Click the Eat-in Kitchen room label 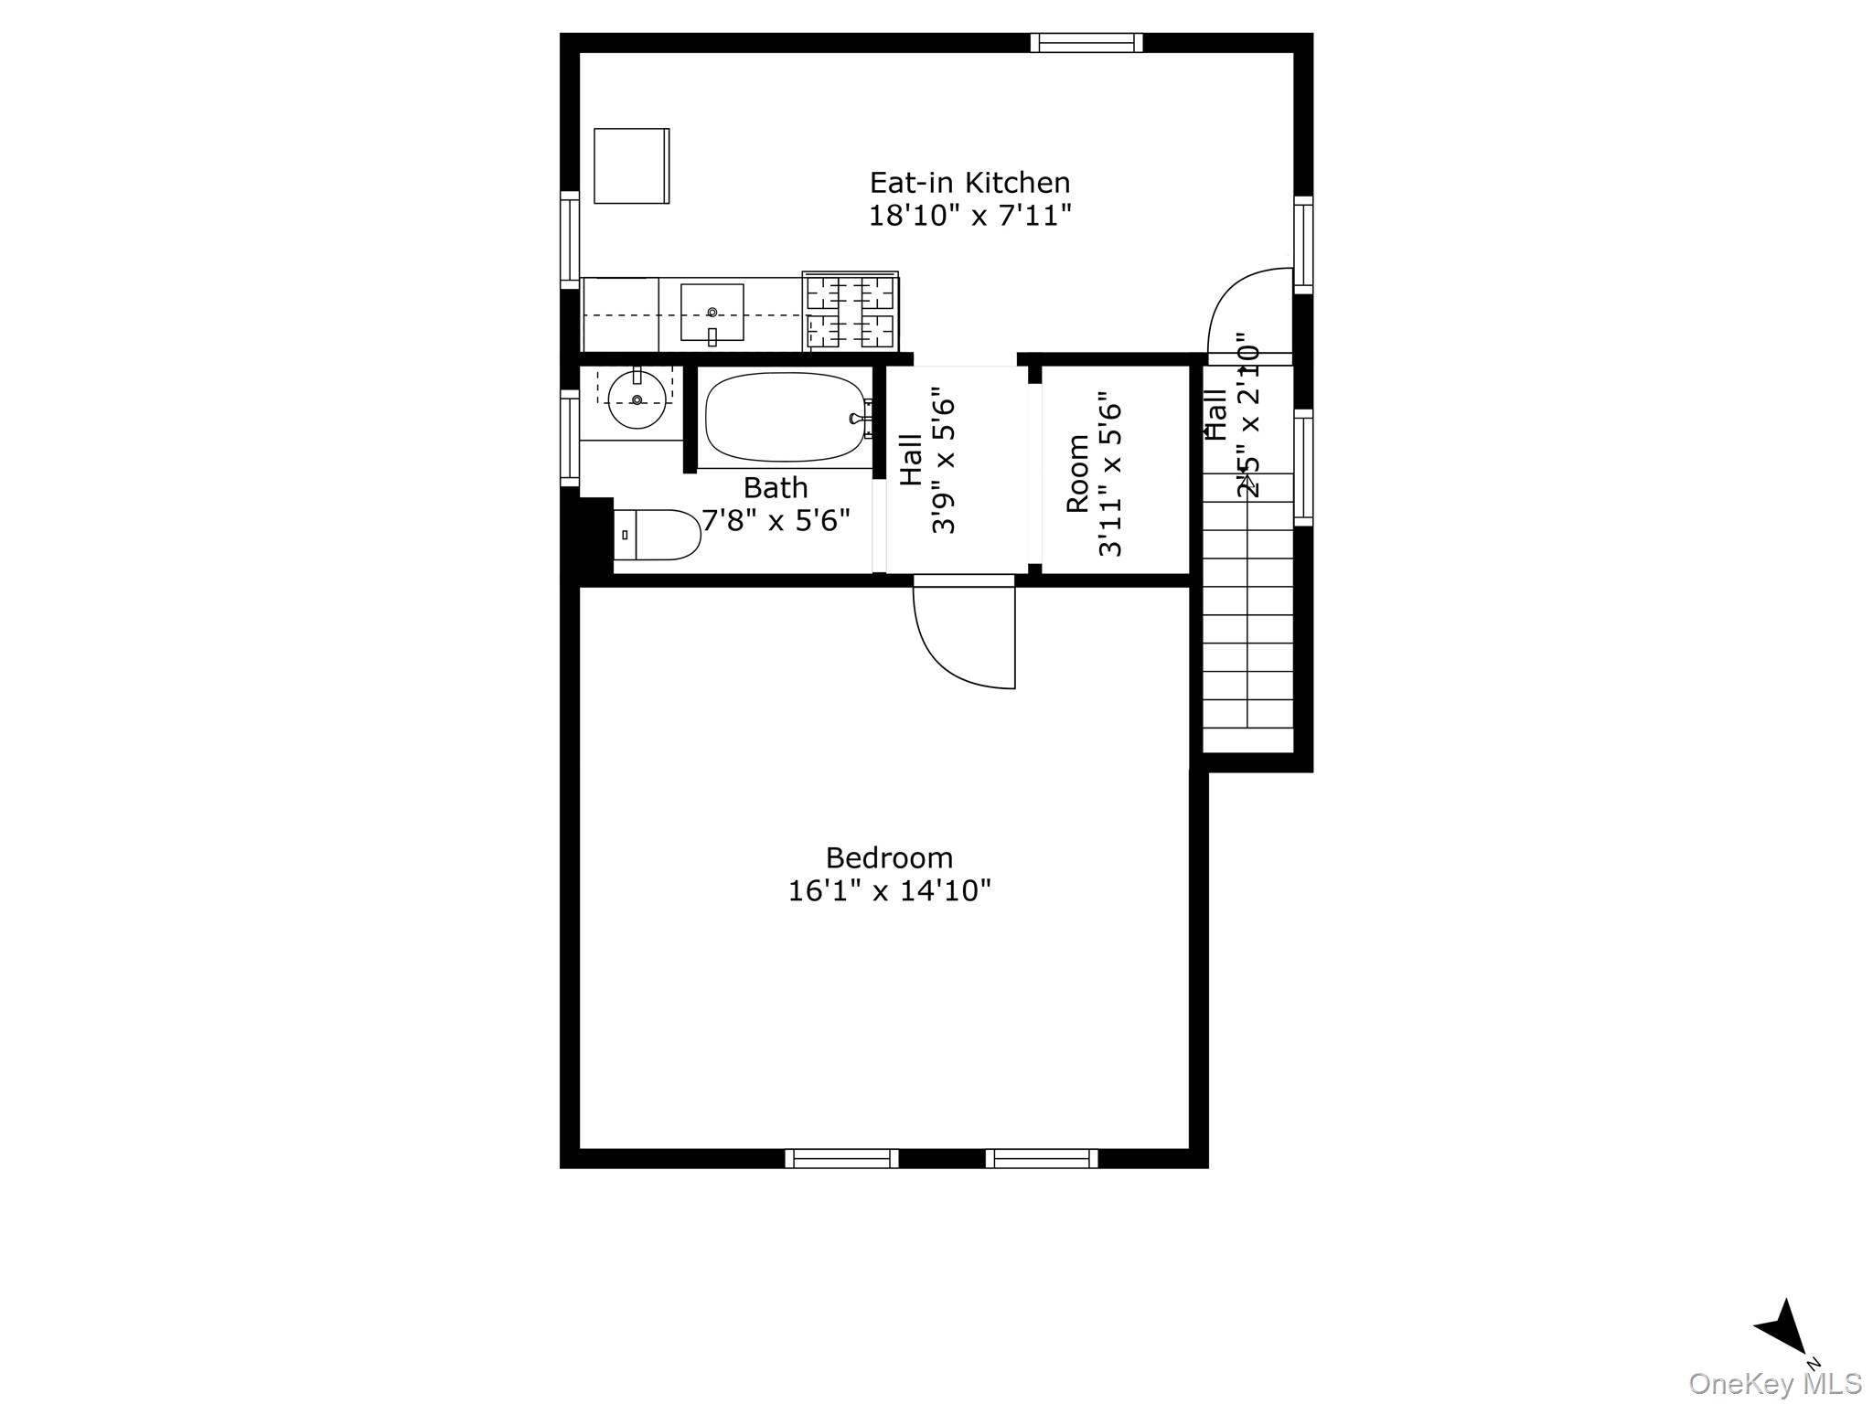[x=969, y=183]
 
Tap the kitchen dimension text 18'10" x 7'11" [x=969, y=217]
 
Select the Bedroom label [x=889, y=857]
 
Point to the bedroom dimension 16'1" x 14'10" [x=889, y=890]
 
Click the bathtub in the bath [x=785, y=418]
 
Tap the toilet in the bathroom [x=657, y=535]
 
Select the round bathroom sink [x=637, y=400]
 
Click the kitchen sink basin [x=712, y=313]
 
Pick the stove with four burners [x=851, y=312]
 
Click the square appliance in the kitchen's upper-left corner [x=631, y=165]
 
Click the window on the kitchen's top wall [x=1086, y=43]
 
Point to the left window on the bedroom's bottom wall [x=841, y=1158]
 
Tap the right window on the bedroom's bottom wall [x=1042, y=1158]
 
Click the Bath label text [x=776, y=487]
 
